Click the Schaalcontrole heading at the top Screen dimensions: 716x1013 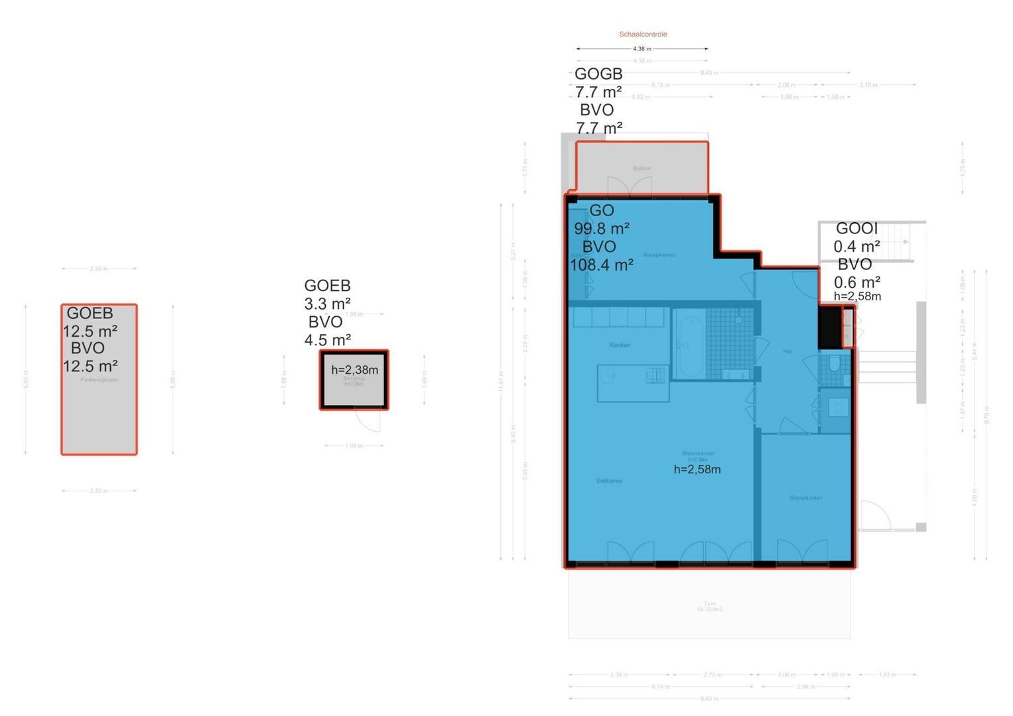643,34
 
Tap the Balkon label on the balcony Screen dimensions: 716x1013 642,168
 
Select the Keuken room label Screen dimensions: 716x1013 620,345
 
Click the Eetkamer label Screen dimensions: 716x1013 609,481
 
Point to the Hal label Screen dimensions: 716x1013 787,351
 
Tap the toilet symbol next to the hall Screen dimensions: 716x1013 835,365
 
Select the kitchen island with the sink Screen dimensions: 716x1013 633,383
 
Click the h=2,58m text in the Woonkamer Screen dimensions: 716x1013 697,469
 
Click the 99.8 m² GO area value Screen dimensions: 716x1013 601,229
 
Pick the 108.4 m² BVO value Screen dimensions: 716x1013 601,265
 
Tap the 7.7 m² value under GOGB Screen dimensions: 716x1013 598,92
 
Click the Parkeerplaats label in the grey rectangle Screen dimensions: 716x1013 99,381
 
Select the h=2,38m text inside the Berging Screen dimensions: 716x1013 354,370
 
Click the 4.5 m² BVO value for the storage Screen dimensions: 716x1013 327,340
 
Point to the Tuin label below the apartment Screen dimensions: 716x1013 709,604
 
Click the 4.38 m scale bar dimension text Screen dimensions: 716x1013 642,49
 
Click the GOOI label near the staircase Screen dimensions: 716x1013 856,229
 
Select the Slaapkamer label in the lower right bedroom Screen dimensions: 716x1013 805,498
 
